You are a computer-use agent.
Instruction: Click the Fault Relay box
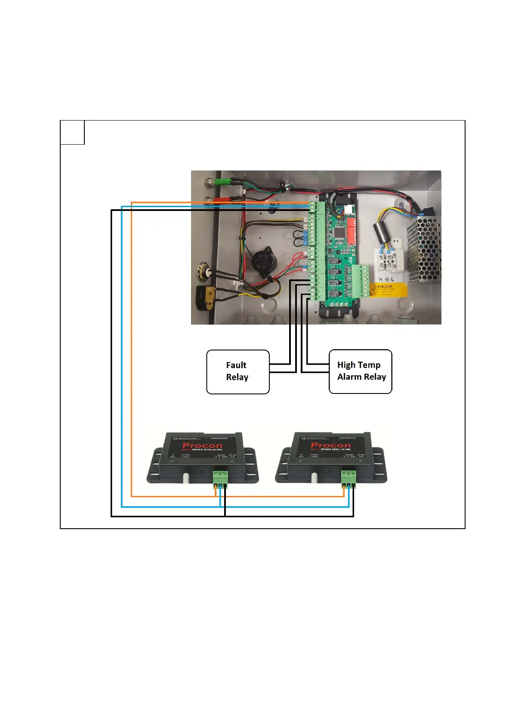[237, 372]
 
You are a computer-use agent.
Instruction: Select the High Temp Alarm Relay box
[360, 371]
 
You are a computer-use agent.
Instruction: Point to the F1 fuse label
[396, 242]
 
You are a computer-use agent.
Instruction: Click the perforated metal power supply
[424, 250]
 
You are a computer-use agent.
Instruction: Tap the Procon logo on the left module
[202, 445]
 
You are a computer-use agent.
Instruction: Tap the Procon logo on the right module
[330, 445]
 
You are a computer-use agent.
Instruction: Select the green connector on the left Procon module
[220, 477]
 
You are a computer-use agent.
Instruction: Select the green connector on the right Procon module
[349, 477]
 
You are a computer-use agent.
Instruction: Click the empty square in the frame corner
[72, 133]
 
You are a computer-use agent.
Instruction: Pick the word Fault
[236, 365]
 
